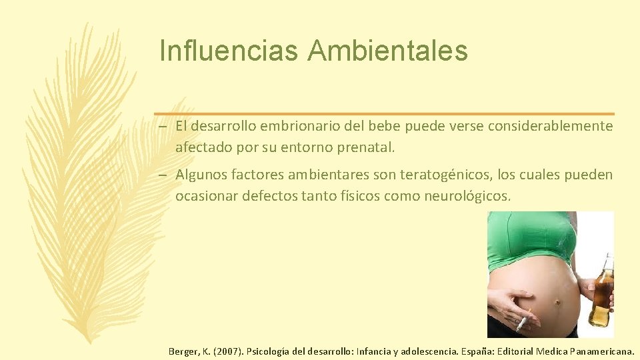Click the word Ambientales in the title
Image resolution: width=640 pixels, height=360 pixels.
(387, 51)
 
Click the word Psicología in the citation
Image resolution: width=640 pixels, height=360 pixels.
(269, 350)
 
